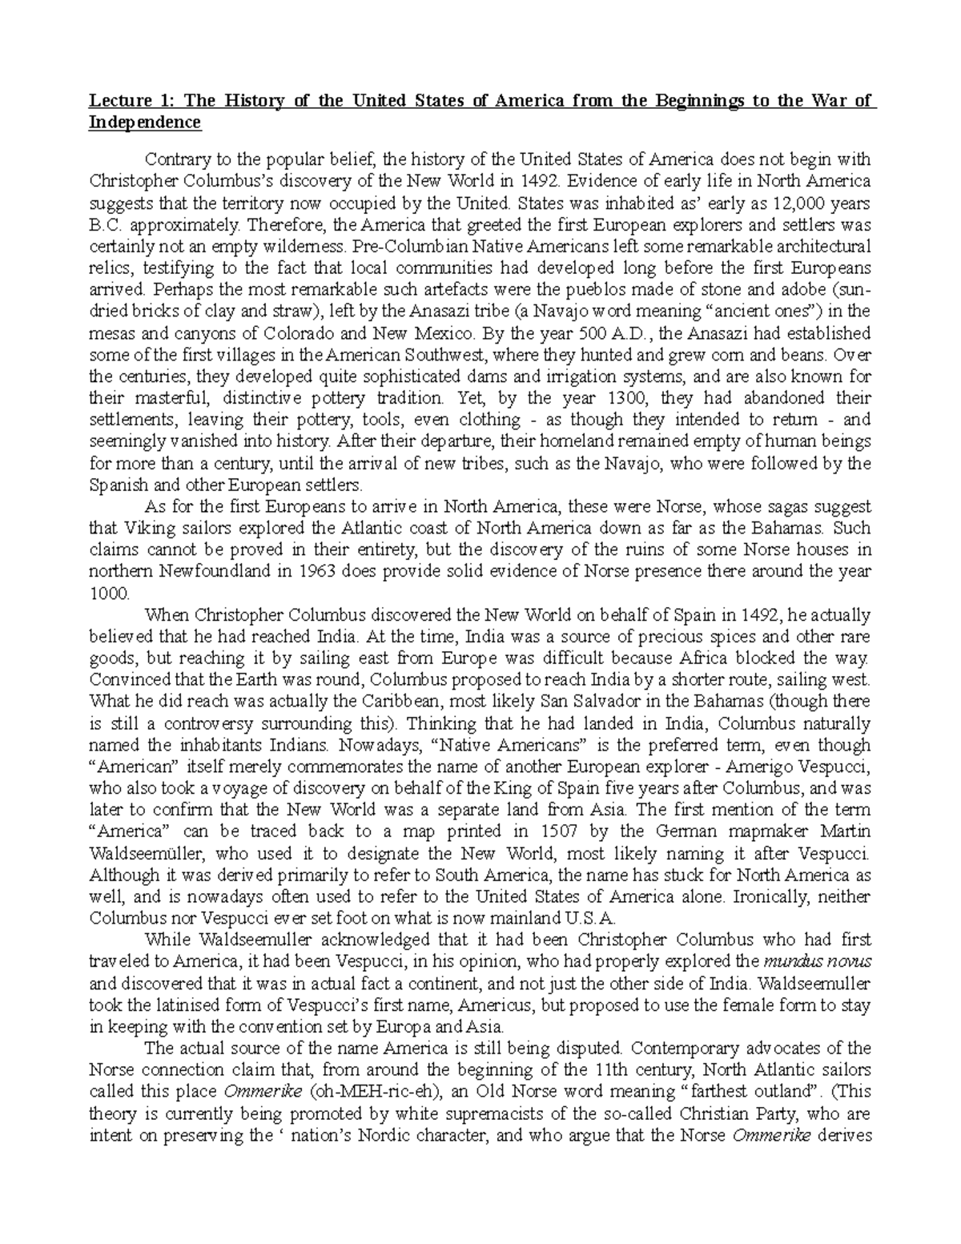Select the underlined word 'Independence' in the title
[145, 123]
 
